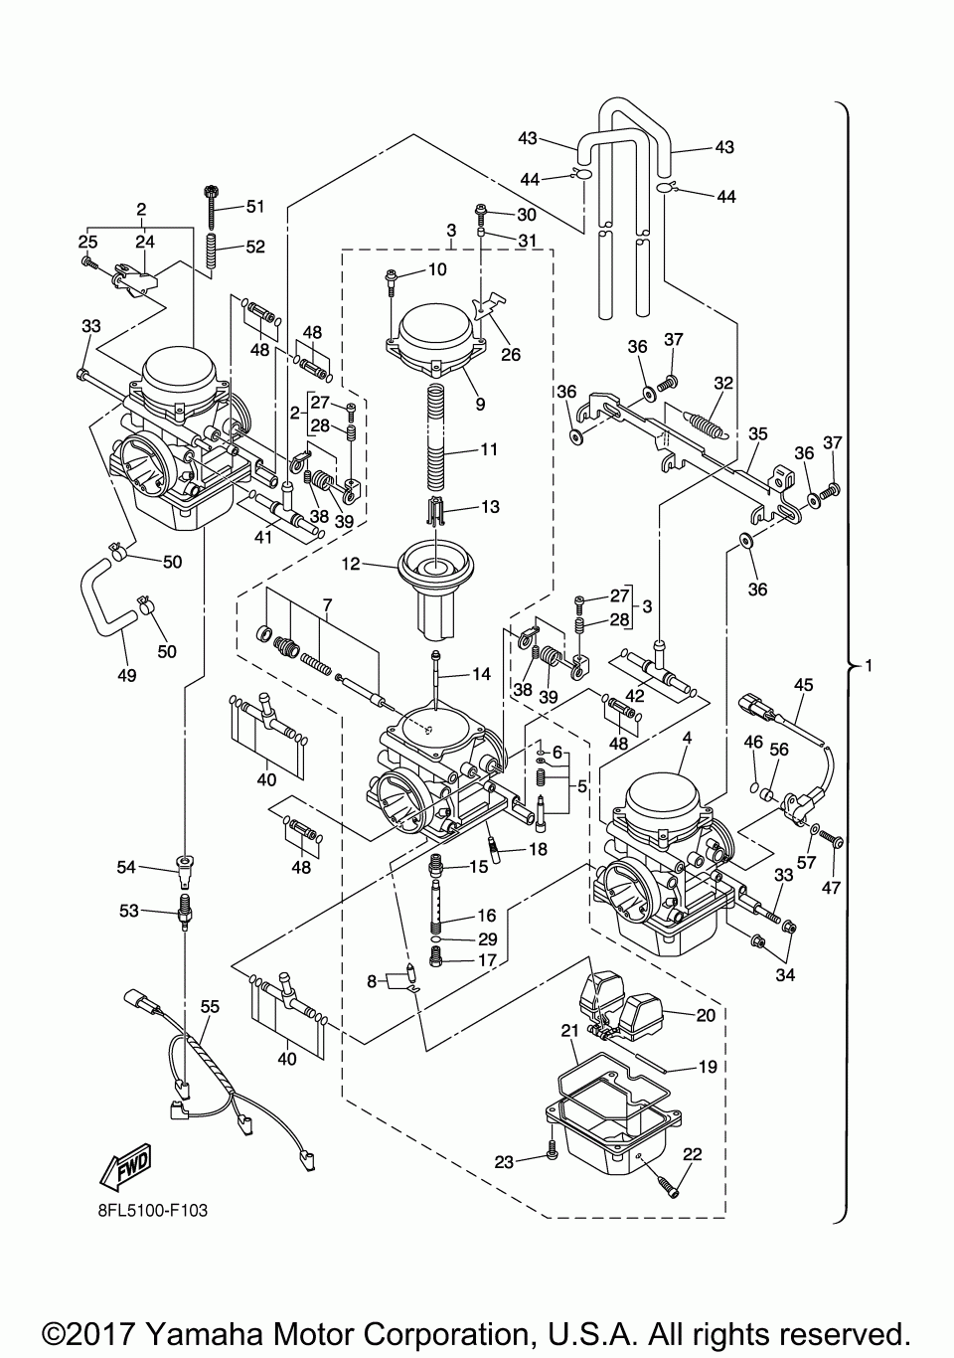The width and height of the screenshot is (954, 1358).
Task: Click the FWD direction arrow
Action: (x=125, y=1164)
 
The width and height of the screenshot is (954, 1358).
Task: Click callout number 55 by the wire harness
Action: (x=210, y=1007)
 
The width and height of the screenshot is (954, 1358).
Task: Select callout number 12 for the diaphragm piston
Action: (x=351, y=564)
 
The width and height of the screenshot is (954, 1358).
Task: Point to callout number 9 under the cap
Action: (x=480, y=404)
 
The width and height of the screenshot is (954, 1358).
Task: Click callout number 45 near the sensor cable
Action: (x=804, y=685)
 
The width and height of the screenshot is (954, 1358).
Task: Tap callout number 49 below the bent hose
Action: (x=127, y=675)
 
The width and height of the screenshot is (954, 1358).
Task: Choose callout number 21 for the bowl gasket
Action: (x=570, y=1031)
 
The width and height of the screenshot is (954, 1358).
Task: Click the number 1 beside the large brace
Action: (x=868, y=666)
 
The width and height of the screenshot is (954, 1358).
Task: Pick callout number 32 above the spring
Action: (x=723, y=383)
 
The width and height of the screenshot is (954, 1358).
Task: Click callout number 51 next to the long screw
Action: (x=255, y=207)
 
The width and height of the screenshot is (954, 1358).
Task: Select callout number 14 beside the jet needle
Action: (x=482, y=674)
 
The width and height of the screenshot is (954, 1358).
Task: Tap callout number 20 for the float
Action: (x=707, y=1015)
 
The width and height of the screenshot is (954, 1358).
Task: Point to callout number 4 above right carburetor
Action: (x=687, y=739)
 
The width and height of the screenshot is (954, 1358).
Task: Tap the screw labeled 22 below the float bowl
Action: (x=667, y=1187)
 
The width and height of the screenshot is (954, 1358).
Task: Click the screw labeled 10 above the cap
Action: (x=391, y=282)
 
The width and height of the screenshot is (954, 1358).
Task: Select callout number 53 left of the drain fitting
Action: (x=129, y=911)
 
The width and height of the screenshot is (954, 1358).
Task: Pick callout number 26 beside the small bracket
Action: (x=511, y=354)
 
